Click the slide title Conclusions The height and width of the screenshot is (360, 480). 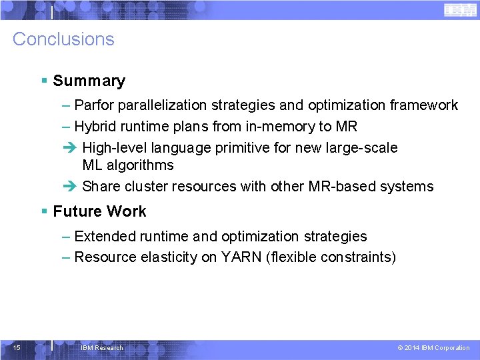pos(63,39)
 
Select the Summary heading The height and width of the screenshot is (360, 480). pos(89,81)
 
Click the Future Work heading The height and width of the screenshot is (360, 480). pos(99,211)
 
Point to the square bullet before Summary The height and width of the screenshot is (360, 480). pos(44,81)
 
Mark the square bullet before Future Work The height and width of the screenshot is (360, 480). pos(44,211)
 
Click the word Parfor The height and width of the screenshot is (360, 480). pos(93,105)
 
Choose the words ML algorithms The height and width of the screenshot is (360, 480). pos(128,165)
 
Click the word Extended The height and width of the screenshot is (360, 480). pos(103,237)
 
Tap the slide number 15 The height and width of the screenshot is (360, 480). pos(17,347)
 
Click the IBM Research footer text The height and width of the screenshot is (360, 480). pos(101,348)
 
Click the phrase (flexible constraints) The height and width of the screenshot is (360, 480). pos(330,257)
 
